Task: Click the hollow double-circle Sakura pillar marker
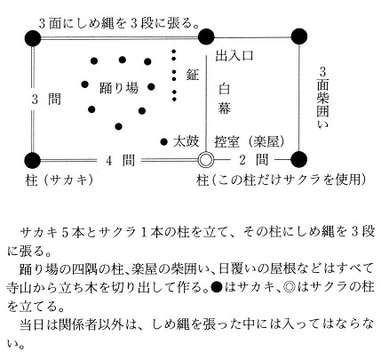(x=206, y=160)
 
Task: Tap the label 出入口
(x=234, y=55)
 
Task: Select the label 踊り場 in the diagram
(x=119, y=88)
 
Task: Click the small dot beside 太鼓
(x=164, y=142)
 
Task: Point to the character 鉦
(x=193, y=75)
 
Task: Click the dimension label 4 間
(x=120, y=160)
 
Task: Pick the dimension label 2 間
(x=254, y=160)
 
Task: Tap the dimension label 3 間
(x=46, y=99)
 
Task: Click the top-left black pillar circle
(x=33, y=38)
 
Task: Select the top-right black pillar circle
(x=299, y=36)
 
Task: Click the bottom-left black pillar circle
(x=33, y=160)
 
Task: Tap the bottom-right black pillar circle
(x=299, y=159)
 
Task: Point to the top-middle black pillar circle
(x=206, y=36)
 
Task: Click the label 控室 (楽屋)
(x=250, y=142)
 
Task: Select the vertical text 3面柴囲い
(x=322, y=98)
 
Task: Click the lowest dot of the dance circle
(x=118, y=127)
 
